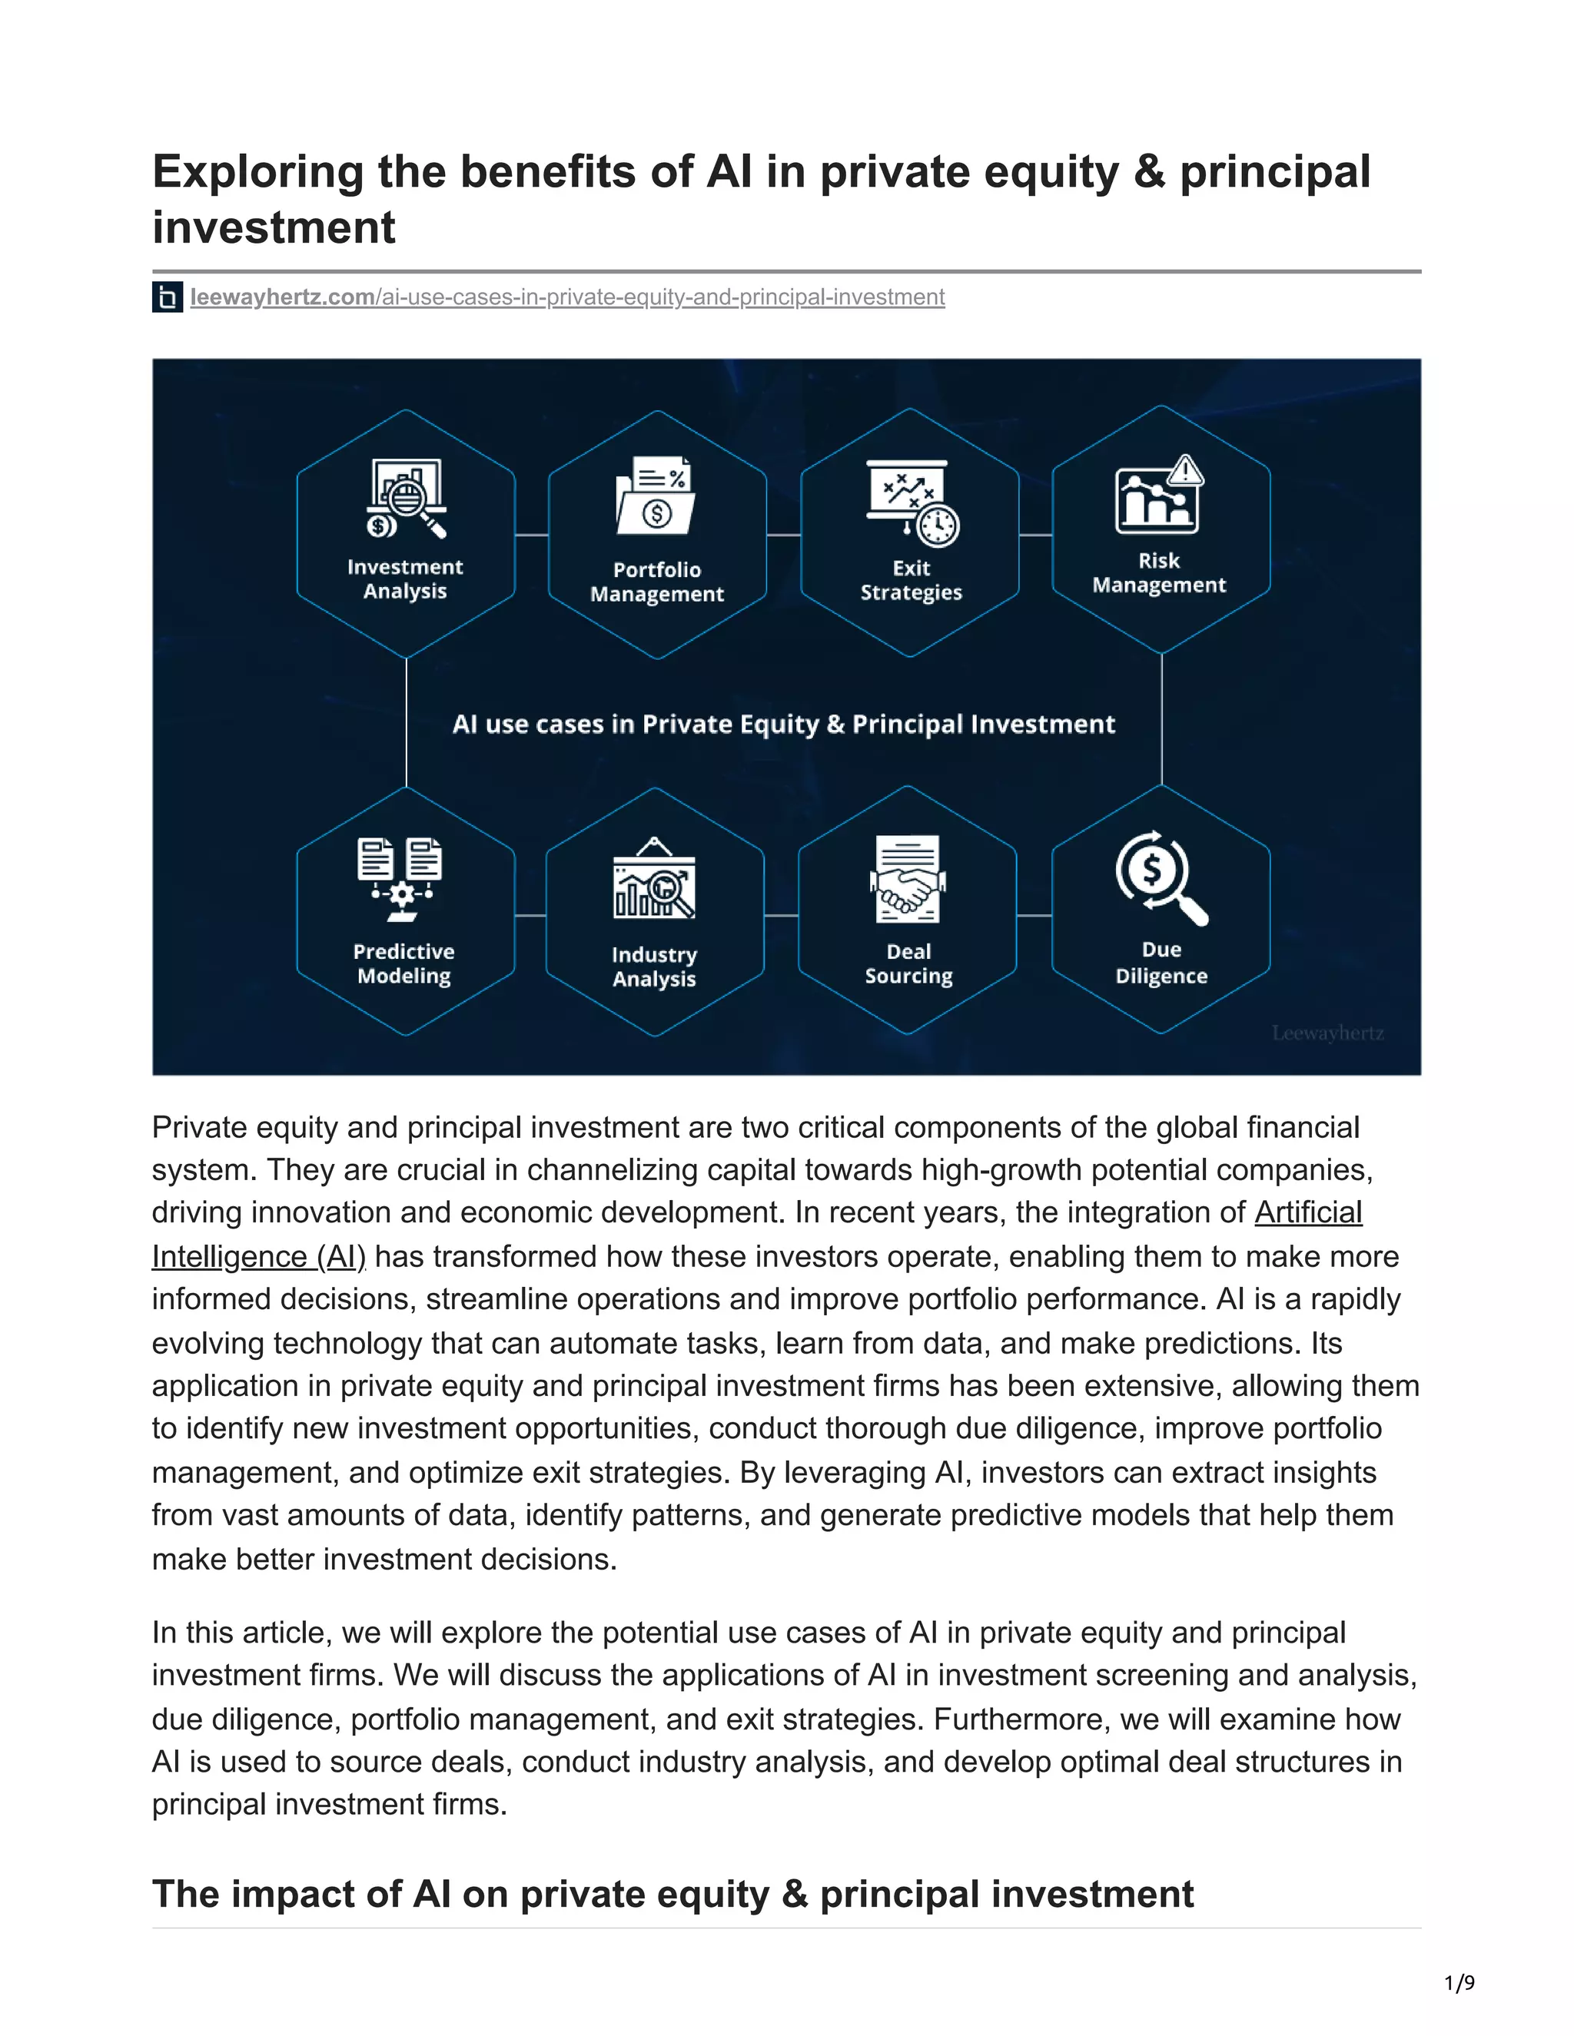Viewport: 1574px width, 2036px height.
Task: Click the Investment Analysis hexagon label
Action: coord(405,579)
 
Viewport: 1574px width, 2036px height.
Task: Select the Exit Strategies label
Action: coord(910,580)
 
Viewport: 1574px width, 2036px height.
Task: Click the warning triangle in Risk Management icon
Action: coord(1185,471)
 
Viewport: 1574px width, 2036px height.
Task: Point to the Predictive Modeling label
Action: coord(403,963)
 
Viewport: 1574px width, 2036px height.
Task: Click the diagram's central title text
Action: coord(783,725)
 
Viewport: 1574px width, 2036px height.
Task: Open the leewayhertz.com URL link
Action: coord(567,297)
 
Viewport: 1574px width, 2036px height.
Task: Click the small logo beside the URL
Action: coord(167,297)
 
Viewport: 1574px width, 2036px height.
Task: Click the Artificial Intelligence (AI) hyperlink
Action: coord(1307,1213)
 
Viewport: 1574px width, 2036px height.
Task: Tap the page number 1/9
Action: coord(1459,1983)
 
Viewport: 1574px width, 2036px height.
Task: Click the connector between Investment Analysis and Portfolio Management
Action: coord(532,535)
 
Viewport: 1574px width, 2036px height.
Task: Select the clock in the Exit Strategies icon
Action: coord(936,525)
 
